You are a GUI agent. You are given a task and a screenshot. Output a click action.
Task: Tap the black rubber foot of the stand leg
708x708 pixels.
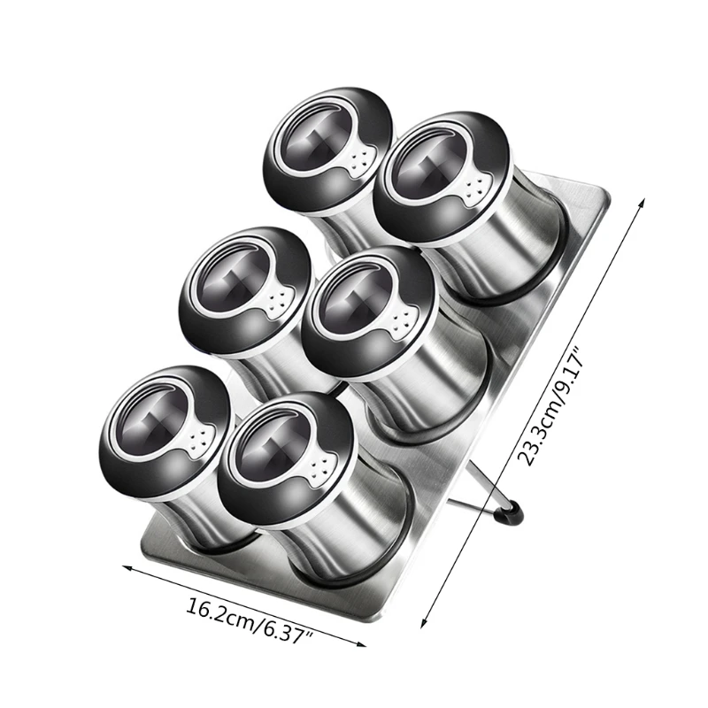tap(512, 512)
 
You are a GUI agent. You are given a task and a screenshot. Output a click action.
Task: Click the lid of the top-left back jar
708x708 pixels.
tap(327, 150)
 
